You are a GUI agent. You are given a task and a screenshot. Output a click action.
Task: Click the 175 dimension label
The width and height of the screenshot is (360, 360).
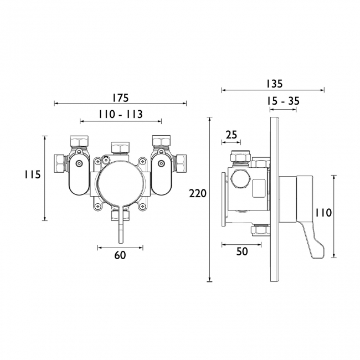121,98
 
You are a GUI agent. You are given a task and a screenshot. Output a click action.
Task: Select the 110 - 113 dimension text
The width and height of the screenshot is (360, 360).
121,114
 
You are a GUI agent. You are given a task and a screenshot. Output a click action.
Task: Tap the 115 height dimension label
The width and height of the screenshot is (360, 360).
33,174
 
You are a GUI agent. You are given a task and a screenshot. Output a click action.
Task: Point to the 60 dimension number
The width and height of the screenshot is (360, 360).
120,255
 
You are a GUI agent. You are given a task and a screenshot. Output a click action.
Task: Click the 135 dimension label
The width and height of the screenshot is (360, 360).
274,84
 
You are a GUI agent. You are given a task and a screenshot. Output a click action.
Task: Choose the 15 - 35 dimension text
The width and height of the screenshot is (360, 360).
284,101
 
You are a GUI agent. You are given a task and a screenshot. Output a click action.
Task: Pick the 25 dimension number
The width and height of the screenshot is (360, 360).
231,135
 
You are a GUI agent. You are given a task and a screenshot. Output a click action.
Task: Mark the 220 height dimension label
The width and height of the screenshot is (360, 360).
198,193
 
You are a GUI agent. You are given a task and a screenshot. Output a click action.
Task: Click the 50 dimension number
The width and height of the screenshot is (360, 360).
242,251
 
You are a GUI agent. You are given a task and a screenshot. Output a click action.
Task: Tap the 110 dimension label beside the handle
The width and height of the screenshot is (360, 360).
323,213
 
